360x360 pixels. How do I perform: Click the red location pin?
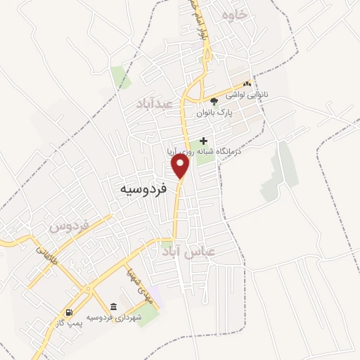181,166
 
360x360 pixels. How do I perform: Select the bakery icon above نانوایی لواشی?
246,84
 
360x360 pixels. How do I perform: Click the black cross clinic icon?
204,140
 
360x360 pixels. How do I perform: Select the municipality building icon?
114,307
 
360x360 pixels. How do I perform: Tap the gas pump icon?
69,313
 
